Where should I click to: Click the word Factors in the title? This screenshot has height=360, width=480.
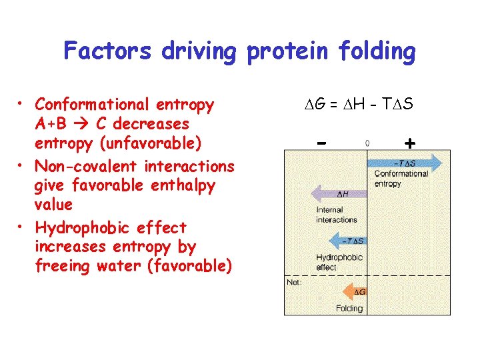pyautogui.click(x=106, y=51)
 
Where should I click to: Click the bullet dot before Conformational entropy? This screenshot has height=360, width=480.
pyautogui.click(x=22, y=103)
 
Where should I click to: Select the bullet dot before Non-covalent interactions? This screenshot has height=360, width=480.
pyautogui.click(x=22, y=165)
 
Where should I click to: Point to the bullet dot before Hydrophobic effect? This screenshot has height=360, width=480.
pyautogui.click(x=22, y=227)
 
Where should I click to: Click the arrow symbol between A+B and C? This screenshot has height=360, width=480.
pyautogui.click(x=84, y=124)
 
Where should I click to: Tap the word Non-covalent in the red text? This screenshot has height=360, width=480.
pyautogui.click(x=79, y=165)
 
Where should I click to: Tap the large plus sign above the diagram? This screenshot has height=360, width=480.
pyautogui.click(x=409, y=143)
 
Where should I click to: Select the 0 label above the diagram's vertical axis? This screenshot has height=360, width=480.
pyautogui.click(x=367, y=142)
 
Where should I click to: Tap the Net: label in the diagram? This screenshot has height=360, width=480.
pyautogui.click(x=294, y=282)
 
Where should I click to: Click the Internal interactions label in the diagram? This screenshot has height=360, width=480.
pyautogui.click(x=336, y=215)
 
